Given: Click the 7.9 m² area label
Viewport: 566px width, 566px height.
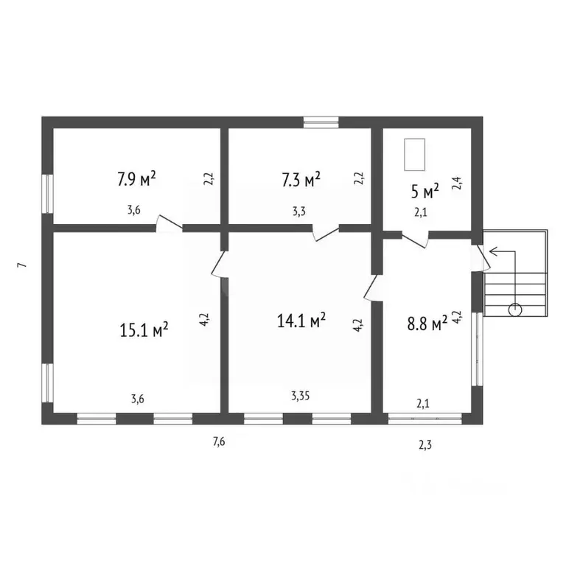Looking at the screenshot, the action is [136, 178].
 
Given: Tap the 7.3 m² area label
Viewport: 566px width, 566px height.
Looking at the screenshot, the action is [301, 179].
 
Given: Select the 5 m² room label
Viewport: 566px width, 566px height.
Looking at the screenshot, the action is [424, 192].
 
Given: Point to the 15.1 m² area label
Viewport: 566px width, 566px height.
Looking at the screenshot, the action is [144, 329].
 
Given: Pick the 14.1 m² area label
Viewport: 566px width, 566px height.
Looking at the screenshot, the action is [301, 320].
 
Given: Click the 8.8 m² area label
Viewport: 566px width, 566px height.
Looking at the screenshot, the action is [427, 324].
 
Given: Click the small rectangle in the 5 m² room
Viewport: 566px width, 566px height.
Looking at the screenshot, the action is [414, 155].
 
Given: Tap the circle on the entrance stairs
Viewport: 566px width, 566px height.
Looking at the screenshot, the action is [515, 310].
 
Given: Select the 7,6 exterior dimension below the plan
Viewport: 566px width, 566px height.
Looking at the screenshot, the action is [219, 441].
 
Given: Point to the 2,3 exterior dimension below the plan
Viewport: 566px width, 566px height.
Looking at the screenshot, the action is [424, 445].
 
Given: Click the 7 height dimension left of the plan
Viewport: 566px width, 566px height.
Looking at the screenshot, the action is [21, 265].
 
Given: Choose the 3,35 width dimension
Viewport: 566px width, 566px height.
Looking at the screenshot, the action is [301, 396].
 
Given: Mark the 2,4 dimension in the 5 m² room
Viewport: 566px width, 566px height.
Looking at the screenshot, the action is [457, 183].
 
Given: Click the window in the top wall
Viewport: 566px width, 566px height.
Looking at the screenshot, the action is [321, 122].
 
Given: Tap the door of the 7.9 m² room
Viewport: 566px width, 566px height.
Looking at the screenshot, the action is [169, 223].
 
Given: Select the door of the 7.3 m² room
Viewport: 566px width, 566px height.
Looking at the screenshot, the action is [326, 233].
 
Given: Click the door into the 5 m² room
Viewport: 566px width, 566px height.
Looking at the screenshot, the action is [415, 240].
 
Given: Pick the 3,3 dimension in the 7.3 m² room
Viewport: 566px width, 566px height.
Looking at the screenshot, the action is [299, 212].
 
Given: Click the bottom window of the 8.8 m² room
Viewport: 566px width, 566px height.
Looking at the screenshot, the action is [424, 419].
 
